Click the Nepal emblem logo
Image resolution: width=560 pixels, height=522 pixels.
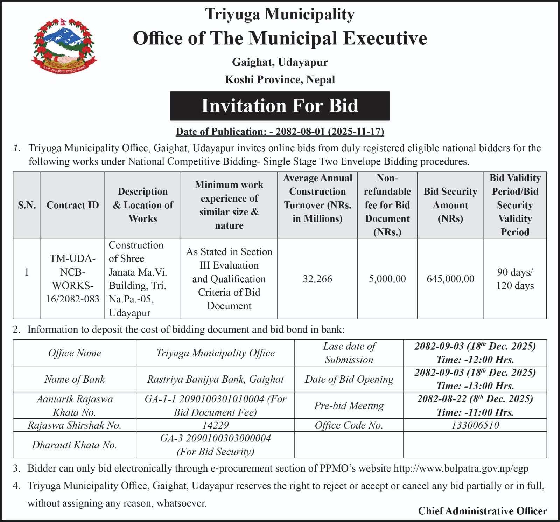tap(64, 46)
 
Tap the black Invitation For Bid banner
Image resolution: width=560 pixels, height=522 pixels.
tap(280, 106)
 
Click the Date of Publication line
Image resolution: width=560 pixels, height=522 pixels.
tap(280, 132)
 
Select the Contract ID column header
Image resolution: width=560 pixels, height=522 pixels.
tap(72, 205)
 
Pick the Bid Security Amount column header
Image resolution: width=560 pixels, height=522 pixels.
tap(450, 205)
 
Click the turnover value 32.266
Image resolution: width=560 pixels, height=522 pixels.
tap(317, 279)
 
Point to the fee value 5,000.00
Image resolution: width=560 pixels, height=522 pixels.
tap(387, 279)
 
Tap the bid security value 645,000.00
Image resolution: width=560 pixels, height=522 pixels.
tap(450, 279)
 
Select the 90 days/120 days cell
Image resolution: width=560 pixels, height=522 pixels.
tap(515, 279)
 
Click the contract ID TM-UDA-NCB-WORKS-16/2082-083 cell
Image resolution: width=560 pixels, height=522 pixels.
tap(72, 279)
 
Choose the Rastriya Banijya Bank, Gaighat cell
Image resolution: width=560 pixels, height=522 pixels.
tap(215, 379)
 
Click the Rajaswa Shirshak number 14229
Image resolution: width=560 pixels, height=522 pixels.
tap(215, 425)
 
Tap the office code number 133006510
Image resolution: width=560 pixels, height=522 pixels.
tap(475, 425)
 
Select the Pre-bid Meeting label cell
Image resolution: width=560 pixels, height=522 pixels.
tap(349, 405)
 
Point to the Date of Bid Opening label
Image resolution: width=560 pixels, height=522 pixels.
tap(349, 379)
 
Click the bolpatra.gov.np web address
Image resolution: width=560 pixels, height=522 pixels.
tap(461, 468)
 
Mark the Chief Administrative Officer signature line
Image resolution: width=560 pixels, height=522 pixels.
tap(482, 511)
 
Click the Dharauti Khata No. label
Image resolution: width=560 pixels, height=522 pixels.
tap(74, 445)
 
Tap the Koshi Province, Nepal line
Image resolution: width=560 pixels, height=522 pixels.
tap(280, 79)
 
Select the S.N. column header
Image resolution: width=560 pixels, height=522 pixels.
tap(27, 205)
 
